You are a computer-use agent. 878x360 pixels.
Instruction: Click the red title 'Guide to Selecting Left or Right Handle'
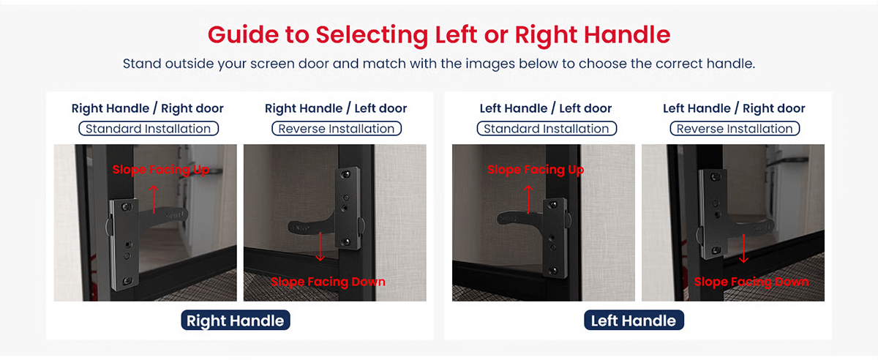pos(439,34)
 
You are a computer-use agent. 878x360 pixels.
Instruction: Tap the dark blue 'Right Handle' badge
pos(236,320)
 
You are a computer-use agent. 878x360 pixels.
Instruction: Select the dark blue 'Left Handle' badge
pos(634,320)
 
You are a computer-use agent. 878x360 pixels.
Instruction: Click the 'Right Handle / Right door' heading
pos(147,108)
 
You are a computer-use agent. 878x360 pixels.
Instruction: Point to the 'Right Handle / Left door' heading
pos(336,108)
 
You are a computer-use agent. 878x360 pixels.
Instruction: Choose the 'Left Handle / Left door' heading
pos(546,108)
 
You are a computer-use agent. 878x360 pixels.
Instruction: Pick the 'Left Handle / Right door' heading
pos(734,108)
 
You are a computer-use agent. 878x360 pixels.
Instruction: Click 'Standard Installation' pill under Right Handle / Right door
pos(149,129)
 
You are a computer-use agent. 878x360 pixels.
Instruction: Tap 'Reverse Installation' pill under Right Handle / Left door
pos(337,129)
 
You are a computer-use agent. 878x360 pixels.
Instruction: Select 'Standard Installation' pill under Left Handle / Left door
pos(547,129)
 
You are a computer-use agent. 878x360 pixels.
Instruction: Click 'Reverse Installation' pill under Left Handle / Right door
pos(735,129)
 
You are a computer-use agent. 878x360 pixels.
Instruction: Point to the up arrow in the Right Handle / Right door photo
pos(154,199)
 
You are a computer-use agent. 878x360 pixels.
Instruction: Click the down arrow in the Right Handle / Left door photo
pos(320,247)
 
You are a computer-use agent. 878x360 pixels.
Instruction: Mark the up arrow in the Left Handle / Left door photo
pos(528,199)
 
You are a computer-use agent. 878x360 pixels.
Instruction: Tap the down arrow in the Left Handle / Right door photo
pos(743,249)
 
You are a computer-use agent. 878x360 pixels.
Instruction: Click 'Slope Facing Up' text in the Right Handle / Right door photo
pos(161,170)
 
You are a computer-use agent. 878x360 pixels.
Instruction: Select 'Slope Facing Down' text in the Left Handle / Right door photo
pos(751,282)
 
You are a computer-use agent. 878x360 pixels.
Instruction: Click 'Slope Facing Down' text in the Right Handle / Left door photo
pos(328,282)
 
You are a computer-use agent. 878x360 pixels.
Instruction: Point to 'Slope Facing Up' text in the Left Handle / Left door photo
pos(536,170)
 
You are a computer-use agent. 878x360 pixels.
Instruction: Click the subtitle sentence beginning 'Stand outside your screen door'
pos(439,64)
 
